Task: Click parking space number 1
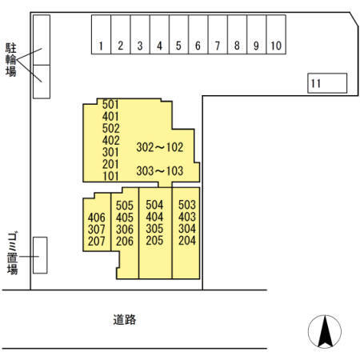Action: tap(101, 34)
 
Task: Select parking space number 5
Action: tap(179, 34)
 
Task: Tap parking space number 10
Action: tap(276, 34)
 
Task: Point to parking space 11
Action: tap(327, 83)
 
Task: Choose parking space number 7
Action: tap(218, 34)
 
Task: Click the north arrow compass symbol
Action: tap(325, 331)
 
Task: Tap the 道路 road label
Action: tap(125, 319)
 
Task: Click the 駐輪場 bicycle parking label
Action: tap(11, 60)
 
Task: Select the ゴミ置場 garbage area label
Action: tap(12, 254)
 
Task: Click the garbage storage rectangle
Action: tap(40, 255)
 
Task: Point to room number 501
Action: tap(110, 105)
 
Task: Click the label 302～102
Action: tap(160, 147)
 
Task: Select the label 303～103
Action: tap(160, 171)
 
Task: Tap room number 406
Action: tap(96, 218)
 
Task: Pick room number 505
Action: tap(125, 206)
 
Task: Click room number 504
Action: tap(154, 205)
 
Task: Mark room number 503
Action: tap(187, 205)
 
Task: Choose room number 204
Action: tap(187, 241)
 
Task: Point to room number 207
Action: tap(96, 242)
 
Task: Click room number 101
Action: tap(110, 176)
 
